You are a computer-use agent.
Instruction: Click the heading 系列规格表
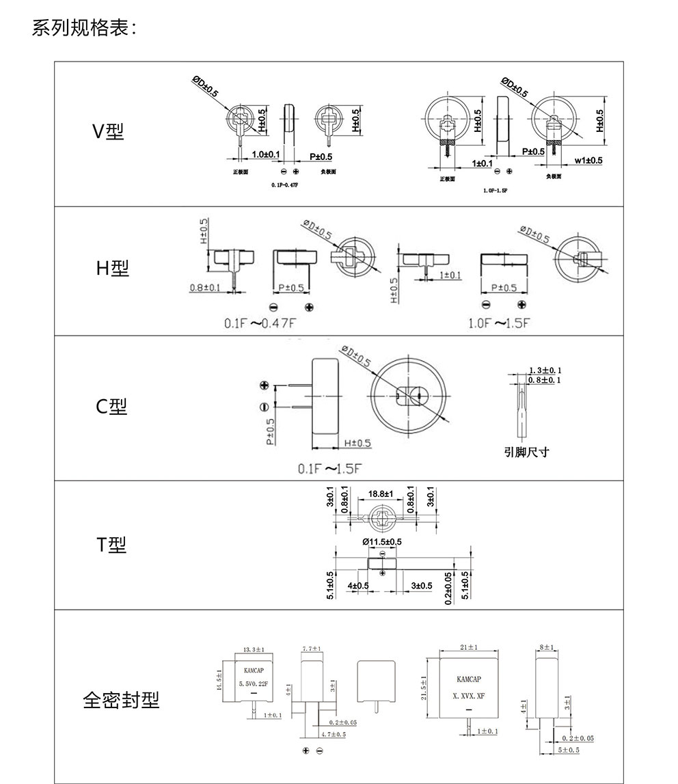coord(85,29)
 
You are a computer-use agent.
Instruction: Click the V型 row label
coord(109,132)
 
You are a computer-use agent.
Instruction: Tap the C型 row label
coord(111,407)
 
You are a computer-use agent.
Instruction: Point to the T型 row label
coord(111,545)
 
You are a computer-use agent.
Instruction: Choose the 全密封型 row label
coord(121,700)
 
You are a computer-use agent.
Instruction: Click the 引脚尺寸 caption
coord(526,452)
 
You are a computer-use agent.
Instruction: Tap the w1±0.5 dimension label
coord(588,161)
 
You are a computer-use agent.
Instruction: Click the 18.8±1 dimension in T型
coord(381,493)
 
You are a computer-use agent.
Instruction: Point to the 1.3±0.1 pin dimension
coord(545,370)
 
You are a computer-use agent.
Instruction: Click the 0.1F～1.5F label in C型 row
coord(328,469)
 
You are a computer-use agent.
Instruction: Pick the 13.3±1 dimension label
coord(254,649)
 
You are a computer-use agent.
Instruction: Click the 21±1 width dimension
coord(469,647)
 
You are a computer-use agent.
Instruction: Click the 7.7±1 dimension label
coord(312,648)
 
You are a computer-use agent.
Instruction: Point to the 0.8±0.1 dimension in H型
coord(205,288)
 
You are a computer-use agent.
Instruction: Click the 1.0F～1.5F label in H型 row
coord(498,323)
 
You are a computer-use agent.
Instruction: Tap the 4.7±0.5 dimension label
coord(334,734)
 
